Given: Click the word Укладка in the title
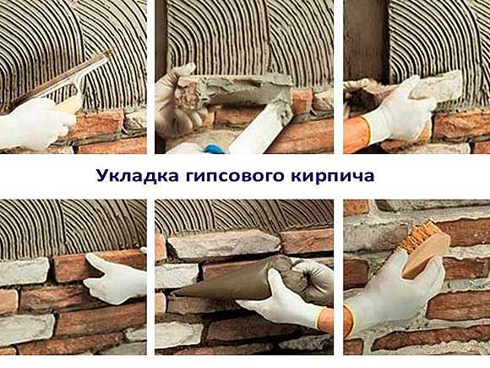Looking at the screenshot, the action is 138,176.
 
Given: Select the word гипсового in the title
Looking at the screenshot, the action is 235,177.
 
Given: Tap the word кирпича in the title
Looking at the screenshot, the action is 333,177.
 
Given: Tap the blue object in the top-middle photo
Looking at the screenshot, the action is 214,148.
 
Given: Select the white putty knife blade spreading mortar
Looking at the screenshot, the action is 262,129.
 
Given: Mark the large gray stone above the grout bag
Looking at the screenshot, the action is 223,244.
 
